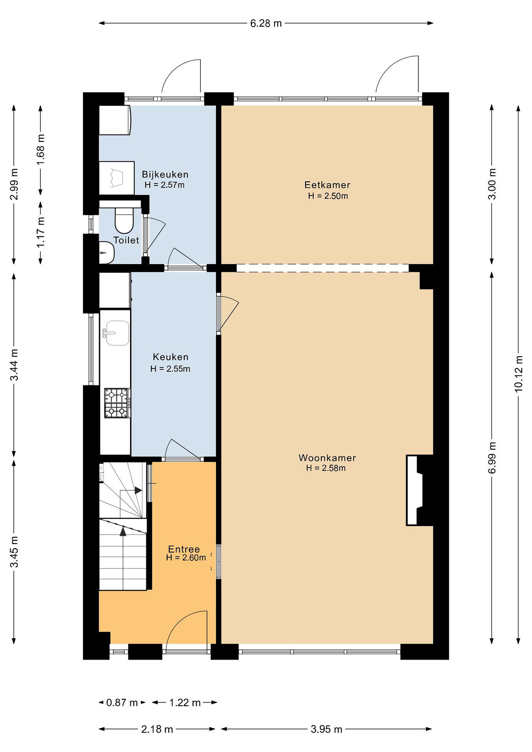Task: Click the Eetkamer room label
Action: point(327,185)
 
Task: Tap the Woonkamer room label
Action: point(327,458)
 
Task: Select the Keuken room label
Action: point(171,357)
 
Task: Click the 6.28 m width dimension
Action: point(266,23)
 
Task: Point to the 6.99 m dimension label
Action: point(492,457)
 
